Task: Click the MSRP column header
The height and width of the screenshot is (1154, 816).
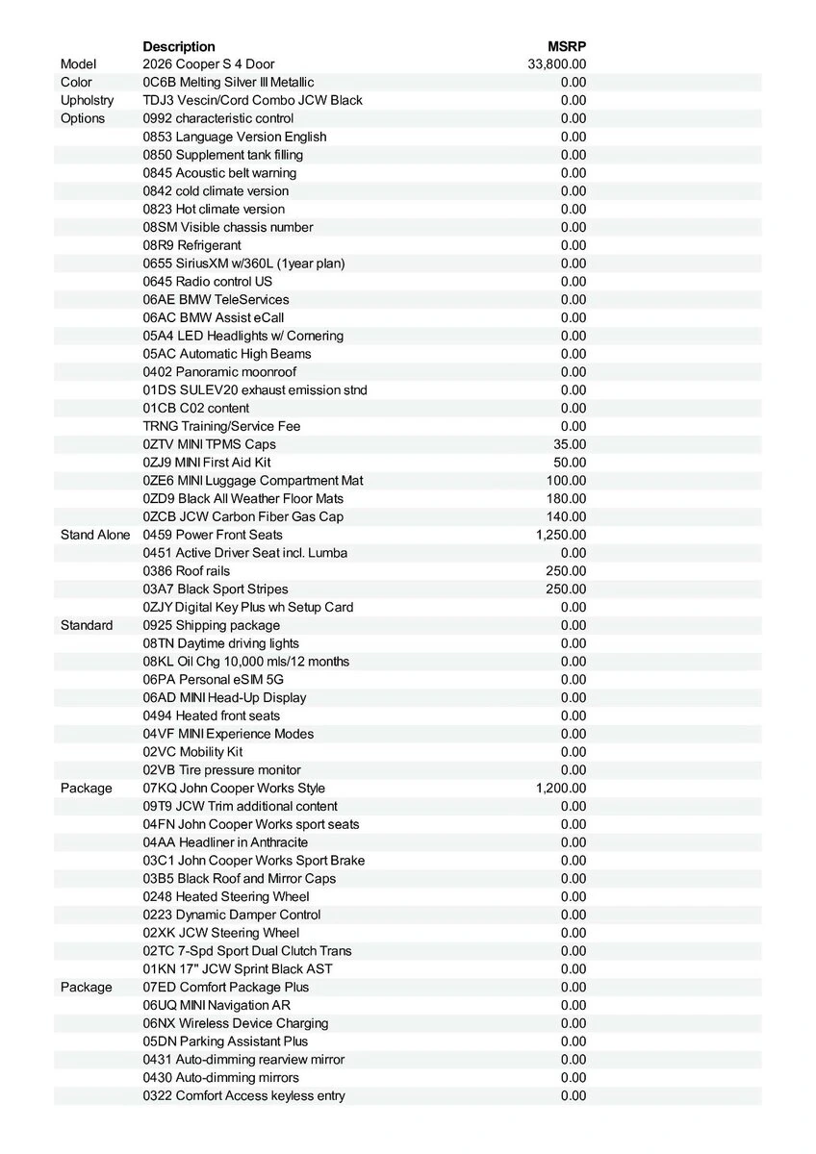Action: point(566,46)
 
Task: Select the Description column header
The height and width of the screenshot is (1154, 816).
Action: point(179,46)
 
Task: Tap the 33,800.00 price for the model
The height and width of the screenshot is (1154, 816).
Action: point(557,64)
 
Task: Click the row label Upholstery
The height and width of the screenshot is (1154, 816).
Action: point(87,101)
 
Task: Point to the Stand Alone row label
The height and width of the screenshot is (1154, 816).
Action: point(95,535)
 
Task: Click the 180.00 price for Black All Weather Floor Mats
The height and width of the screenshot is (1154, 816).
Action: point(566,499)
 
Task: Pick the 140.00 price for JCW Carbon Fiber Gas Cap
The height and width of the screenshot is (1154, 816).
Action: point(566,516)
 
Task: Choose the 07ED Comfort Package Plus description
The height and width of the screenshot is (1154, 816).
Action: point(226,988)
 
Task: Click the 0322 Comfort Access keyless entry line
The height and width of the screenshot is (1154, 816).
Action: point(243,1096)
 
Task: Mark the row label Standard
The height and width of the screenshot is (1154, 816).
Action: point(87,626)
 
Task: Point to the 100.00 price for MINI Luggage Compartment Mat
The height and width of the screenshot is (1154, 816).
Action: point(566,481)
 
